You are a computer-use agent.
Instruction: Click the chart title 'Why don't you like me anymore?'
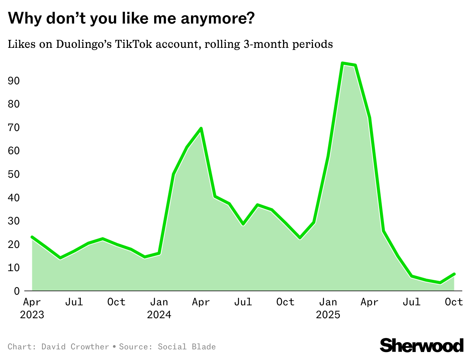click(131, 18)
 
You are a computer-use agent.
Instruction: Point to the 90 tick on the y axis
click(14, 81)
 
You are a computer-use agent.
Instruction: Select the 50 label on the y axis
click(14, 174)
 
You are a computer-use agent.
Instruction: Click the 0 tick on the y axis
click(17, 291)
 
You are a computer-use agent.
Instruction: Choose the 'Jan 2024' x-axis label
click(159, 308)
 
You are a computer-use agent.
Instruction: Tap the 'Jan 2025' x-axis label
click(328, 308)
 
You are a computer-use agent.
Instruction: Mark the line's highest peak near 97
click(343, 63)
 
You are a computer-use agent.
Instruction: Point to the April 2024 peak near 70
click(201, 128)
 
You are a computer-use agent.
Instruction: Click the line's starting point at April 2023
click(32, 237)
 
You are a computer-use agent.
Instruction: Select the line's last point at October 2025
click(454, 274)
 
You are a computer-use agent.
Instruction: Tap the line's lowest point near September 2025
click(440, 283)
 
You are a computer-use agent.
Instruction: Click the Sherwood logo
click(422, 345)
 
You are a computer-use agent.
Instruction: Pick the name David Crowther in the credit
click(75, 347)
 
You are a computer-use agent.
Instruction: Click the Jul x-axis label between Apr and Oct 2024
click(243, 302)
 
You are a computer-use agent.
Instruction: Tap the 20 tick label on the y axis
click(14, 244)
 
